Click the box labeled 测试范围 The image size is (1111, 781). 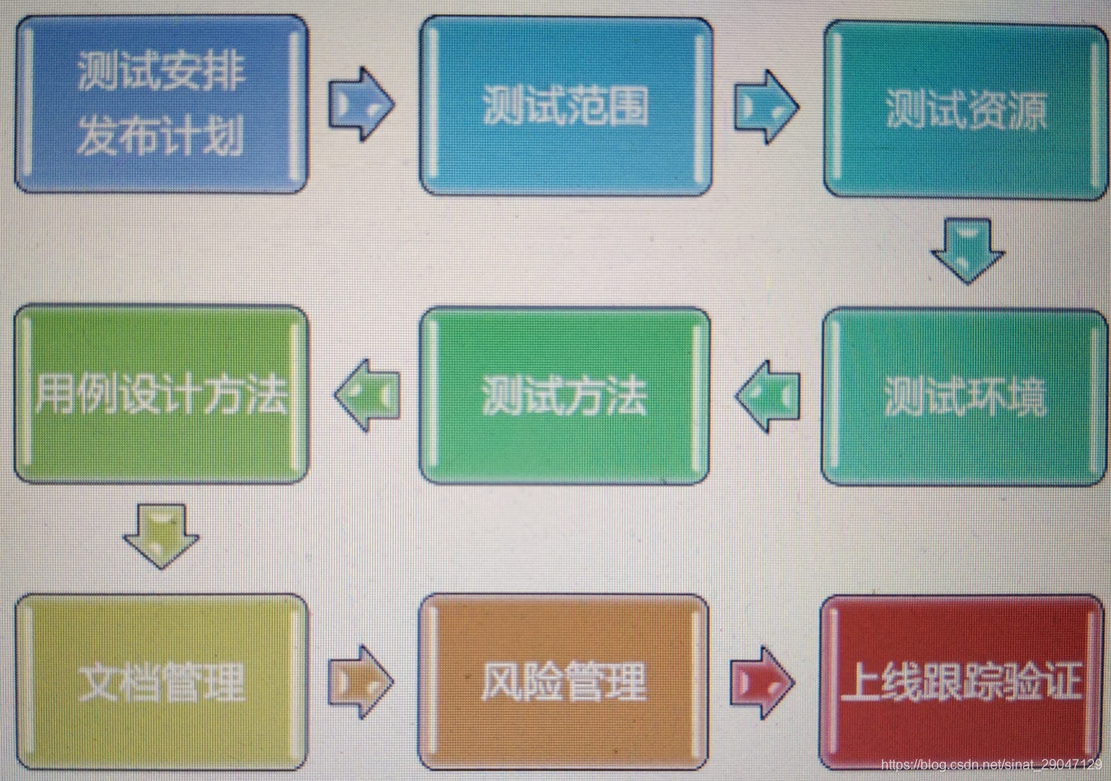pos(566,107)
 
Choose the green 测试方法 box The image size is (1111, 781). pos(565,395)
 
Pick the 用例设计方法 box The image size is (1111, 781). pos(161,394)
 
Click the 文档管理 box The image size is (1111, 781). pos(161,681)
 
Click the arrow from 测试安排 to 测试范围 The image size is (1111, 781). pos(362,104)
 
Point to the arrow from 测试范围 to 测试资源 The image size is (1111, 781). pos(766,106)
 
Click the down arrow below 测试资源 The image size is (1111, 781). pos(968,250)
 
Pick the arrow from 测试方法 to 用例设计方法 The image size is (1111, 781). pos(368,394)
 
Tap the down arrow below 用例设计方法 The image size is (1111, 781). pos(161,536)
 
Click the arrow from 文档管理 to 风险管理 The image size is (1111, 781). pos(362,681)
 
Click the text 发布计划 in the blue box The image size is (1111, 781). pos(161,136)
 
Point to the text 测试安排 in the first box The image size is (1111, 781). pos(161,72)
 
